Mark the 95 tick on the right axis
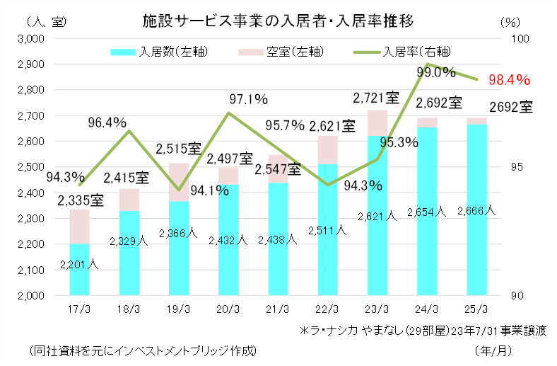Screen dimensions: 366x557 (518, 167)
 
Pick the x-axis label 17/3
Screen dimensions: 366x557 (79, 309)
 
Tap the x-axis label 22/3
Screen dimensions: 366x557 (327, 309)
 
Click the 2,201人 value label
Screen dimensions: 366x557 (79, 265)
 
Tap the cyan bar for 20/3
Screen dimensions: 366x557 (228, 241)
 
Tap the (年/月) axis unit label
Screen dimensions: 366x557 (491, 350)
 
